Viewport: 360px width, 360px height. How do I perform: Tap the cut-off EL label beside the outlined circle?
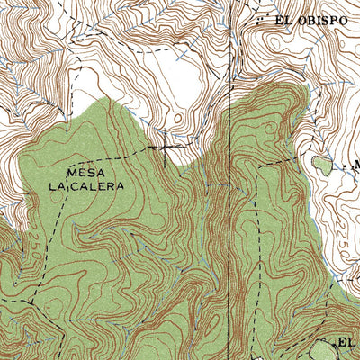349,343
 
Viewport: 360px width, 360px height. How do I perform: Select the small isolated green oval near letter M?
321,164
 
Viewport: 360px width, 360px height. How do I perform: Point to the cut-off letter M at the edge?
355,166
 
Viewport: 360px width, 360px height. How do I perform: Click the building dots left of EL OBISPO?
260,19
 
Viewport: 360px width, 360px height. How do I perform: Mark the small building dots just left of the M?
341,166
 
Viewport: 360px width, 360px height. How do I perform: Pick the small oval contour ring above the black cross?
177,118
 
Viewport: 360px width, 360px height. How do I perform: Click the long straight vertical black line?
231,180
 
